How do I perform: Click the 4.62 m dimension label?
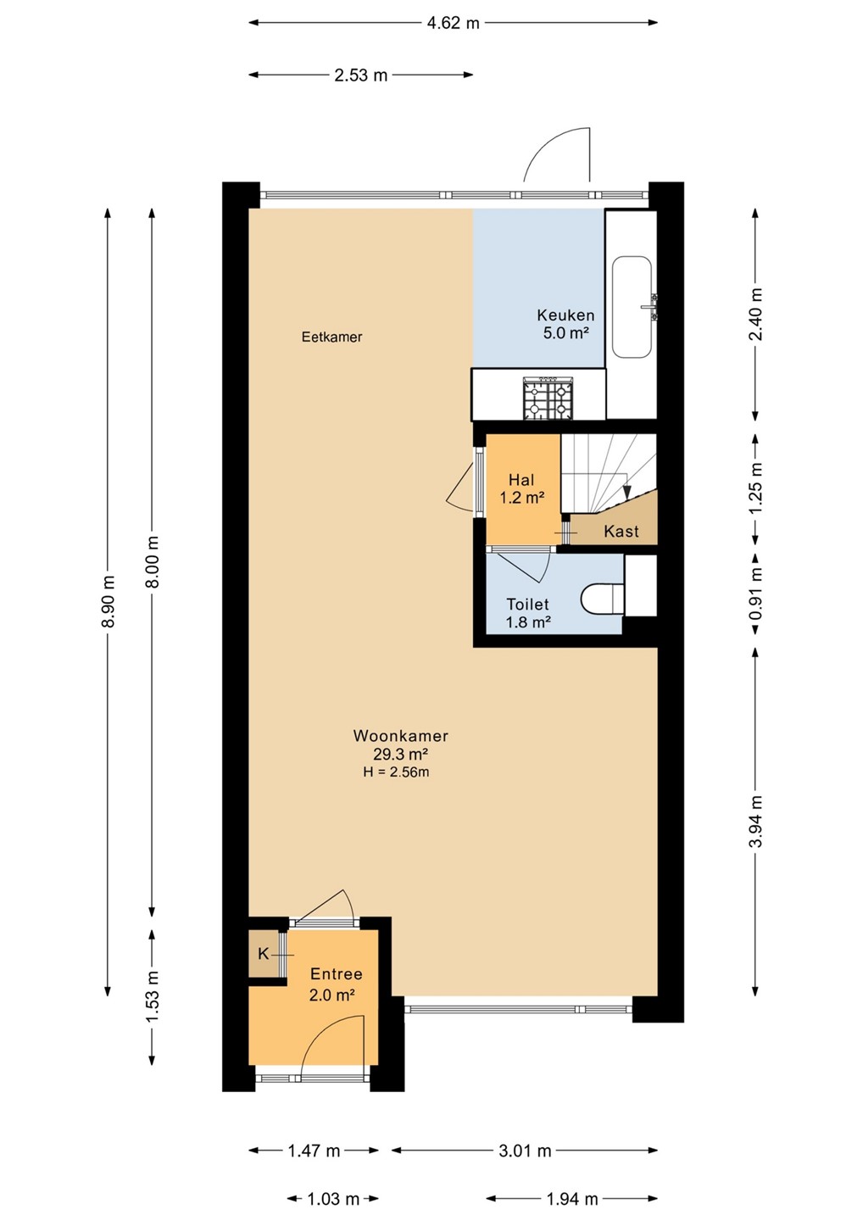(x=453, y=23)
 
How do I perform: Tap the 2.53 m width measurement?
(x=360, y=75)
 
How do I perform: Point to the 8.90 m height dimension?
(x=109, y=601)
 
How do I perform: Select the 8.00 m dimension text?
(x=153, y=561)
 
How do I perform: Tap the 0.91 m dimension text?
(x=755, y=593)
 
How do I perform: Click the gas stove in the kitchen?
(x=548, y=398)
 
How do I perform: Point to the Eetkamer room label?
(x=331, y=337)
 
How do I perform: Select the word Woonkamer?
(x=400, y=735)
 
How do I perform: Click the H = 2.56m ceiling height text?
(x=396, y=772)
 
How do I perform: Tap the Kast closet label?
(x=621, y=531)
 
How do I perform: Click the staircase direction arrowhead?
(x=627, y=492)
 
